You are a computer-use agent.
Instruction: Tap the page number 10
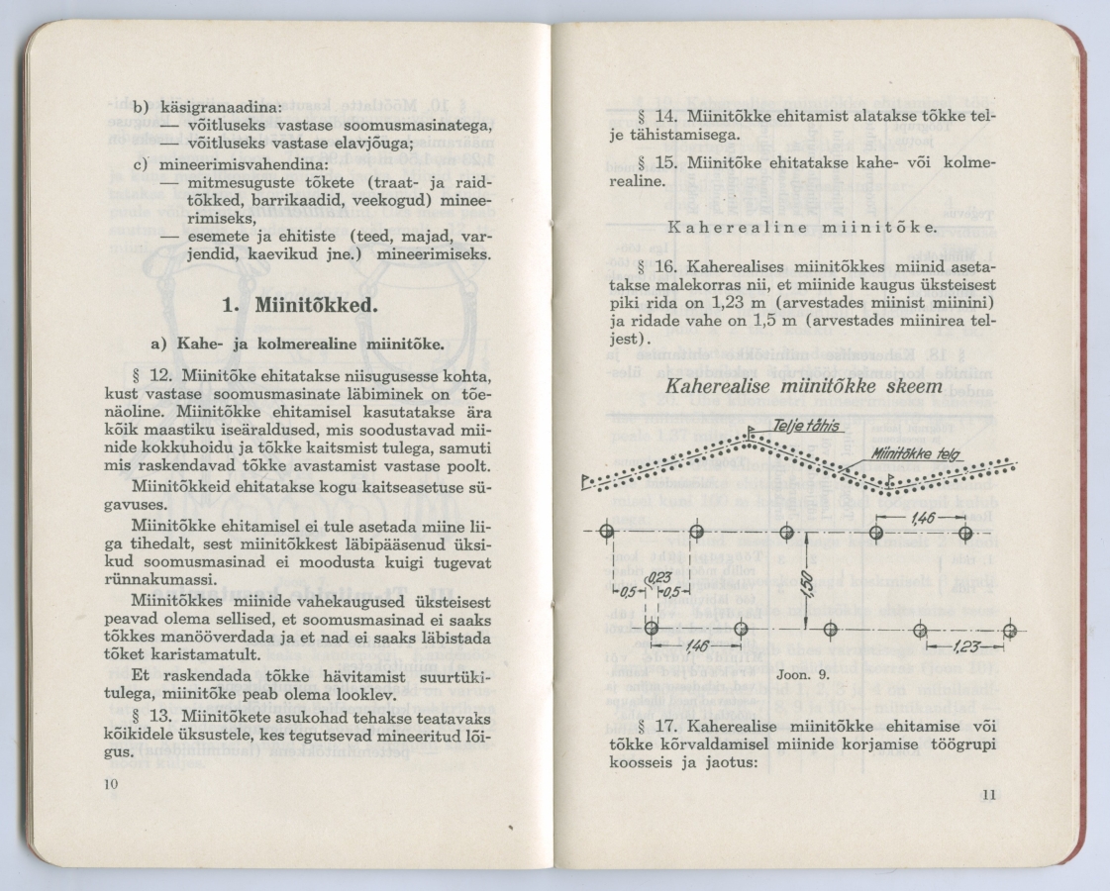(x=110, y=783)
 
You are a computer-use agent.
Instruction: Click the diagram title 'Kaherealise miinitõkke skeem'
(x=804, y=386)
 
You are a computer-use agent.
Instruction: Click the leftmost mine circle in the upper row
(x=607, y=533)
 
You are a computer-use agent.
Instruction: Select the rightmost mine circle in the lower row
(x=1009, y=631)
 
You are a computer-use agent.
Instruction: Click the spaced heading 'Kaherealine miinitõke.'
(x=802, y=228)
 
